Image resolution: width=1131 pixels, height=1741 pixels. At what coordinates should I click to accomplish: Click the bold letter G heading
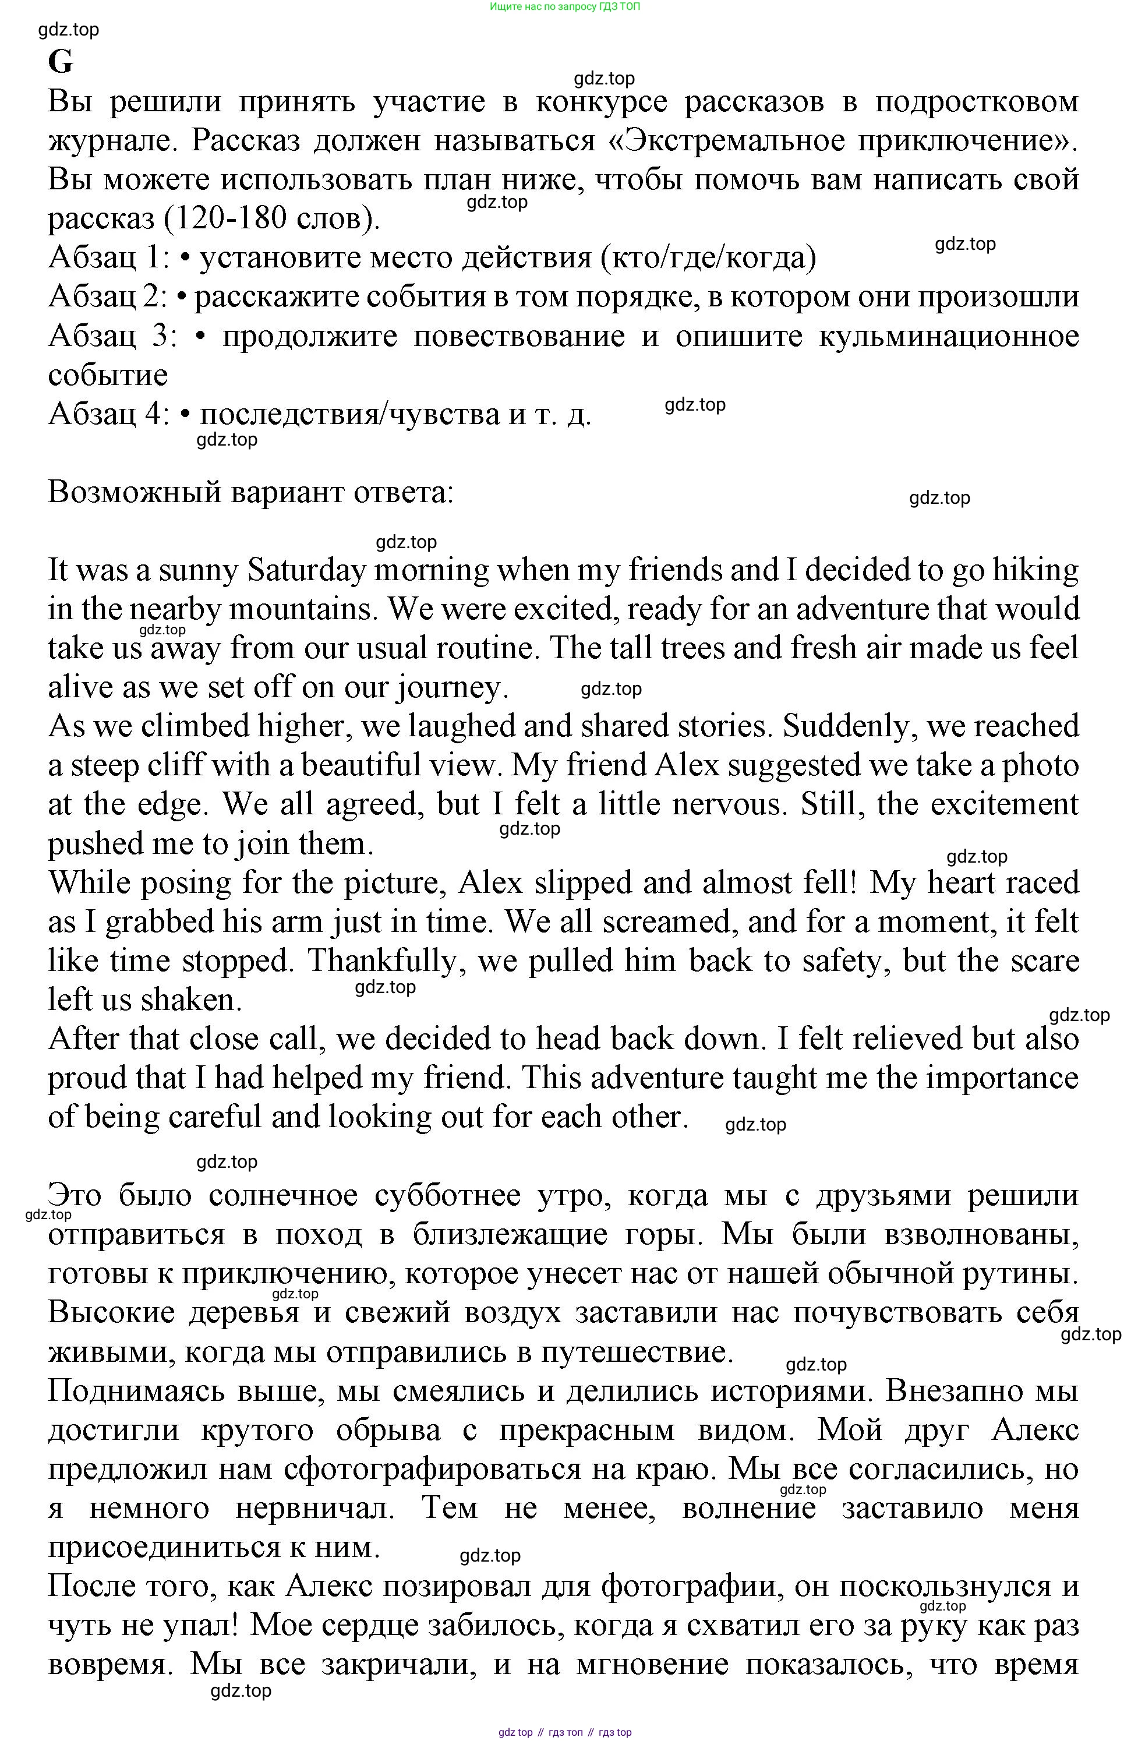(x=61, y=63)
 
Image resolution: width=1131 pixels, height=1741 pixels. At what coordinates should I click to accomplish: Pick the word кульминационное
(x=949, y=336)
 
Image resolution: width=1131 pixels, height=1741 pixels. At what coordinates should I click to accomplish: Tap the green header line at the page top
(x=565, y=6)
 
